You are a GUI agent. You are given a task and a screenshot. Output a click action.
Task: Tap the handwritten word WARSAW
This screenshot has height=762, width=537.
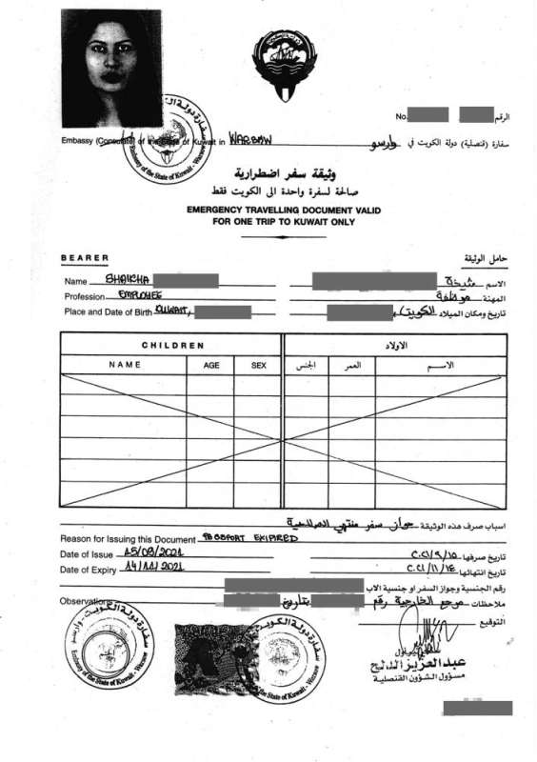coord(251,141)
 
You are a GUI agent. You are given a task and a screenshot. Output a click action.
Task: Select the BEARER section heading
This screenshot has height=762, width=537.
coord(85,258)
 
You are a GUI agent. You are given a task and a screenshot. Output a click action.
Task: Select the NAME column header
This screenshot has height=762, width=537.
coord(124,365)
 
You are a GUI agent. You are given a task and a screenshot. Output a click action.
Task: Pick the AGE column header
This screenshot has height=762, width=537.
coord(210,365)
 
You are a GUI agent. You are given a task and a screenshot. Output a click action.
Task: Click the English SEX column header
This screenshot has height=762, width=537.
coord(257,365)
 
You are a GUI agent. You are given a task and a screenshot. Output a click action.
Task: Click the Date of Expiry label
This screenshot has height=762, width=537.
coord(95,570)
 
